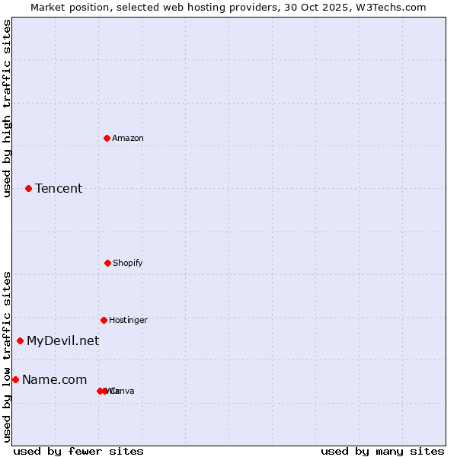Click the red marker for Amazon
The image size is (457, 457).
(x=107, y=138)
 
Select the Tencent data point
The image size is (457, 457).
(x=28, y=188)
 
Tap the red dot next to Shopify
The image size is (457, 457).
(x=107, y=263)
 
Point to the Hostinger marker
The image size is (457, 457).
(x=104, y=320)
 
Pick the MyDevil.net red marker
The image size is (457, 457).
(x=20, y=340)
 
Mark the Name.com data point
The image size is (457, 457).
(x=15, y=379)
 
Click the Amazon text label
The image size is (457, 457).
(x=128, y=138)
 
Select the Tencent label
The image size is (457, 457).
(x=59, y=188)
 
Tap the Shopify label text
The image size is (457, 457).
(x=128, y=263)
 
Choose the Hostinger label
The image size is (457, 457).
(x=128, y=320)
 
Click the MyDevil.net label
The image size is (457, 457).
(x=62, y=340)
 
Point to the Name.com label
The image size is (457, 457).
(x=54, y=379)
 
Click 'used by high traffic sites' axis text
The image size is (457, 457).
(x=7, y=108)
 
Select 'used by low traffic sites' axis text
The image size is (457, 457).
(x=7, y=356)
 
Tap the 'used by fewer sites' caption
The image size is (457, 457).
(x=78, y=451)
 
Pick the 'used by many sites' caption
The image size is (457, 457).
(x=382, y=451)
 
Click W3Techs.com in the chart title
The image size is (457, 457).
(x=391, y=7)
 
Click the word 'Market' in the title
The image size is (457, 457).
(x=48, y=7)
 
